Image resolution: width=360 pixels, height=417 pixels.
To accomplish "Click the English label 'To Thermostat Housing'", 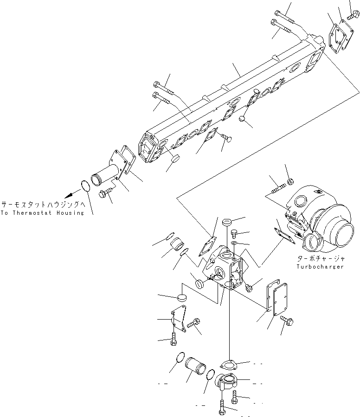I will click(42, 213).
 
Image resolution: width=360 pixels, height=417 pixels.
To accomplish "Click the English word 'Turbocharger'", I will click(320, 267).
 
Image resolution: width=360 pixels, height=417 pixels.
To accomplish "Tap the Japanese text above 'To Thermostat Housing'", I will click(42, 204).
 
